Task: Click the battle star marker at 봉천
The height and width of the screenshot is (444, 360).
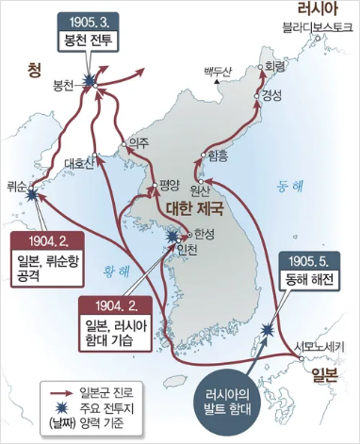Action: (90, 83)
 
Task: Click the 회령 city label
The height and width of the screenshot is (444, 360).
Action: (275, 67)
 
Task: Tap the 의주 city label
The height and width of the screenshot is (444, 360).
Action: (139, 142)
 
